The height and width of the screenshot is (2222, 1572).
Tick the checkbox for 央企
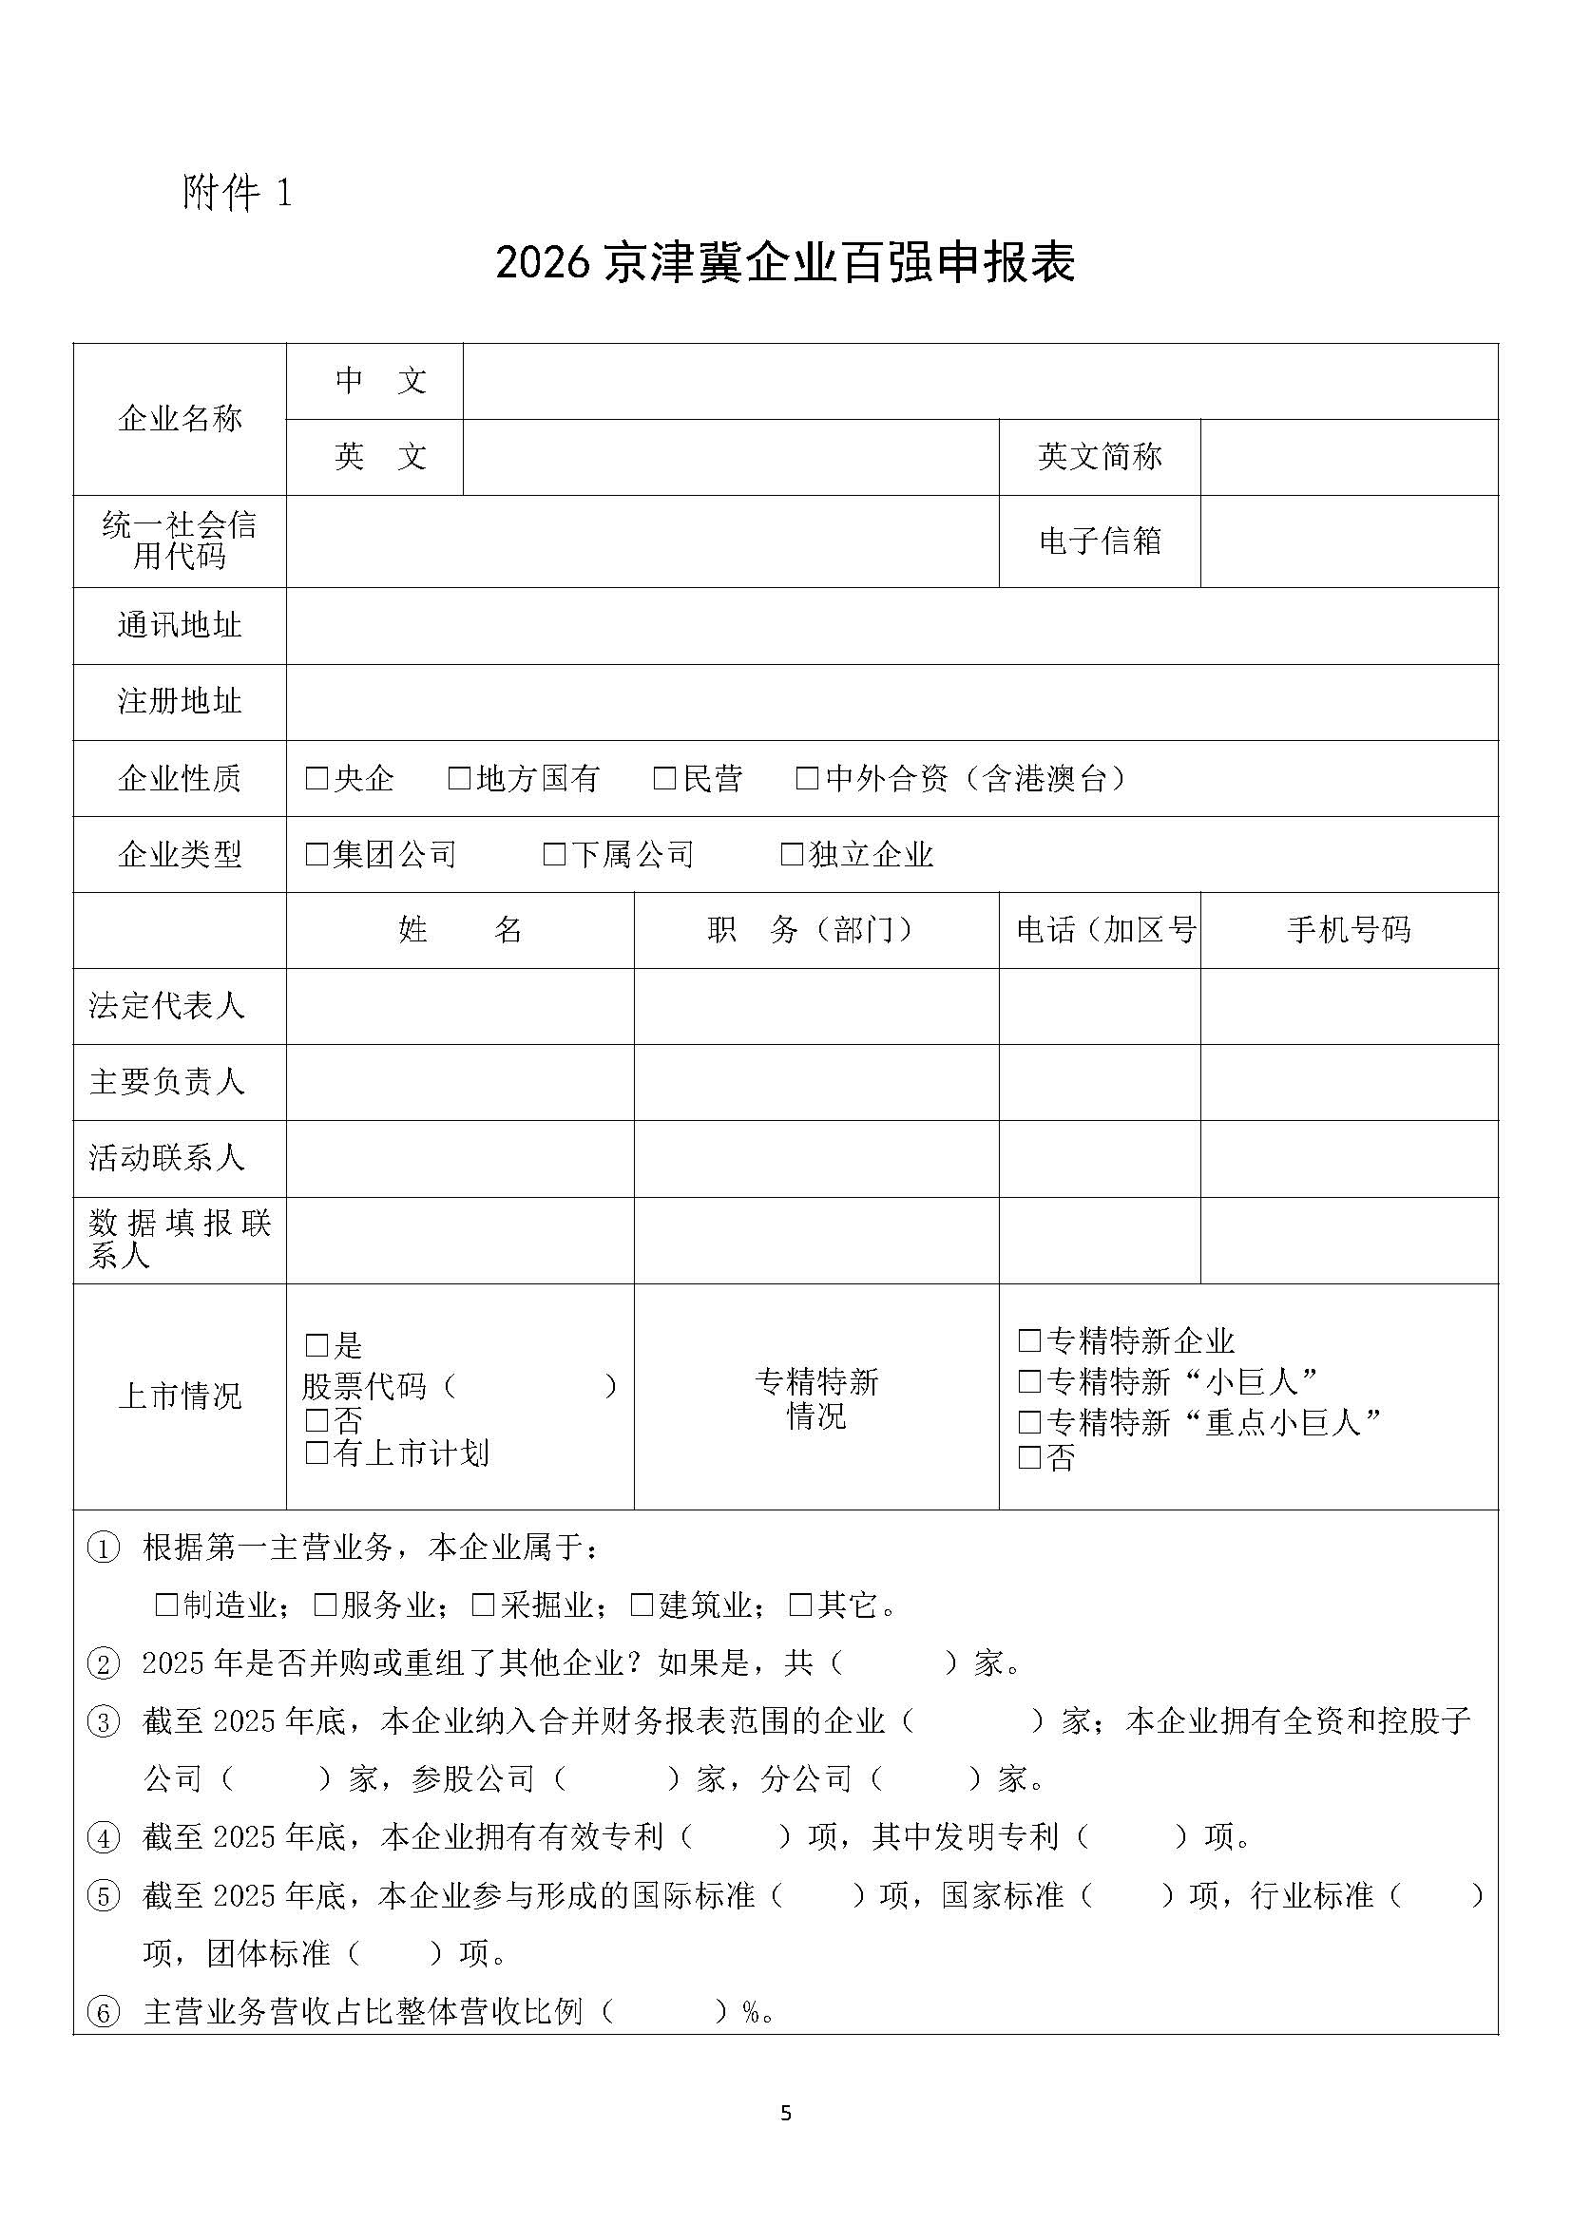point(316,778)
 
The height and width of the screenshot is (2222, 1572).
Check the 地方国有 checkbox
point(459,778)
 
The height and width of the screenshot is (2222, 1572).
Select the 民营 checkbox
point(664,778)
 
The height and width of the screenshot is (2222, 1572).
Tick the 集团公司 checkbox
point(316,854)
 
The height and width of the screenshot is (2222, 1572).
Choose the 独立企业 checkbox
point(792,854)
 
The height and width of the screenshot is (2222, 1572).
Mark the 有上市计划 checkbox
point(316,1453)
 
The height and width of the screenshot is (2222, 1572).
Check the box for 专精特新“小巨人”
point(1029,1381)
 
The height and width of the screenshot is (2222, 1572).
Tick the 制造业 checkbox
point(166,1605)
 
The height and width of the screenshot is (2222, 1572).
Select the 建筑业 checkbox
point(642,1605)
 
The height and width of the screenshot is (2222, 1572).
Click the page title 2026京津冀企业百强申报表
point(785,263)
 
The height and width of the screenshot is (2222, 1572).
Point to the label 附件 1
point(238,193)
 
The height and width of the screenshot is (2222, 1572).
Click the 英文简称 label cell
point(1100,457)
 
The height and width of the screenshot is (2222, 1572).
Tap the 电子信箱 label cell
point(1100,541)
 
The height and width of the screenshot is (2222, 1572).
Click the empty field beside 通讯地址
point(891,625)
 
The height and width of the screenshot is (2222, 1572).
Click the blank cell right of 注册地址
point(891,702)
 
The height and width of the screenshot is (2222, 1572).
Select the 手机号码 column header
point(1349,930)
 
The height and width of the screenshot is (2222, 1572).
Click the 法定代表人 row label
point(167,1005)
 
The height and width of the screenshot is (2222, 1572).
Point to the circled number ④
point(104,1837)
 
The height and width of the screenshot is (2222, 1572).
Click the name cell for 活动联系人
point(460,1158)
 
